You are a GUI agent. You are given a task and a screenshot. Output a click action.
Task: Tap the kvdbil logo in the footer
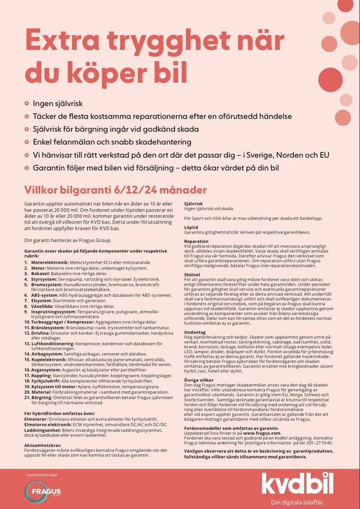(x=297, y=484)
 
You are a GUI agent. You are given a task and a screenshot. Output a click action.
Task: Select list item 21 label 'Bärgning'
(x=42, y=399)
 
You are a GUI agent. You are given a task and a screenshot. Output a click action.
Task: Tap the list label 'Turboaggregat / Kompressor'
(x=63, y=321)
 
